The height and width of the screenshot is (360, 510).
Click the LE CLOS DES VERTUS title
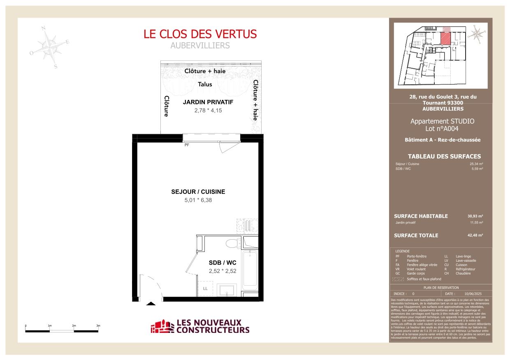coord(200,34)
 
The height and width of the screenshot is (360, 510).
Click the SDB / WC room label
coord(222,262)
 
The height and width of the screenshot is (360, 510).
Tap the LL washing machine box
coord(205,288)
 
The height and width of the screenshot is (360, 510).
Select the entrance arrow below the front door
coord(151,304)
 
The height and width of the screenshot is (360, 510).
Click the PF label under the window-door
coord(187,145)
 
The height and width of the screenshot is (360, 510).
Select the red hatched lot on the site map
coord(445,38)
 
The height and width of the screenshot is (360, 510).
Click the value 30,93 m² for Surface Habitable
coord(475,216)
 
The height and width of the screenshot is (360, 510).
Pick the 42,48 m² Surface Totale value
coord(475,235)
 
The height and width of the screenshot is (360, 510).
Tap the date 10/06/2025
coord(473,294)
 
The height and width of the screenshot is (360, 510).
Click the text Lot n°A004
coord(442,129)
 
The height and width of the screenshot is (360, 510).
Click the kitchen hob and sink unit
coord(248,225)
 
